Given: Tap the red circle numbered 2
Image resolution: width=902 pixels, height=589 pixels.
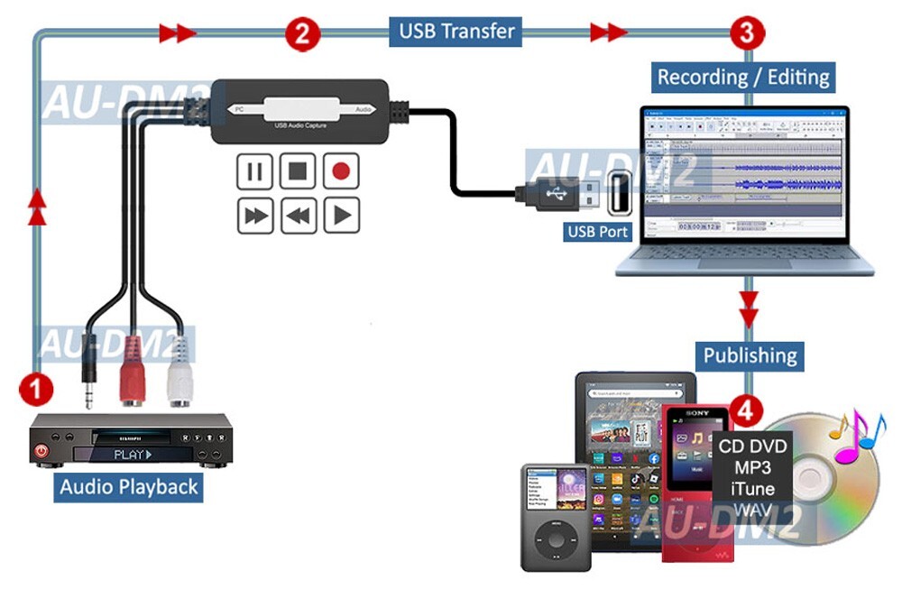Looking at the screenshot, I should click(303, 33).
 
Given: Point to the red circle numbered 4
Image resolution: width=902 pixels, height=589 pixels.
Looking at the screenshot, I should click(743, 410).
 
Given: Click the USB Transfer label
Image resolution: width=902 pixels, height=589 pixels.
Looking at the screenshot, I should click(456, 32).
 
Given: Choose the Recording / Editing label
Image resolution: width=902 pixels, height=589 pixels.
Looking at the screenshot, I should click(742, 77).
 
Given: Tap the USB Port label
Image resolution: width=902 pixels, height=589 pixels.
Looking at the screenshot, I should click(597, 231).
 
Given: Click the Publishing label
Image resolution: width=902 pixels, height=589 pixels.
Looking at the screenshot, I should click(750, 354).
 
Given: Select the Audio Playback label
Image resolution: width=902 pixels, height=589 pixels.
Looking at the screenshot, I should click(128, 487).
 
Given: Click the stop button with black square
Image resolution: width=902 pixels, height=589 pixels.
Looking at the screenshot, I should click(298, 171).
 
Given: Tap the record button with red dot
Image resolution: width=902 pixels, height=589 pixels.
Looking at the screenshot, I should click(341, 171).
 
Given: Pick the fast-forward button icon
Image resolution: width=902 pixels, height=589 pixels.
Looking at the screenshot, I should click(254, 215).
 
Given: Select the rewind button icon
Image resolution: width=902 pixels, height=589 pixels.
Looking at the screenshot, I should click(298, 215).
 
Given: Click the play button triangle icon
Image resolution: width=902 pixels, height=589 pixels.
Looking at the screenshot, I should click(341, 215).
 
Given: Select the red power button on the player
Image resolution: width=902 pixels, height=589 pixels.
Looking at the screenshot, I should click(42, 449).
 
